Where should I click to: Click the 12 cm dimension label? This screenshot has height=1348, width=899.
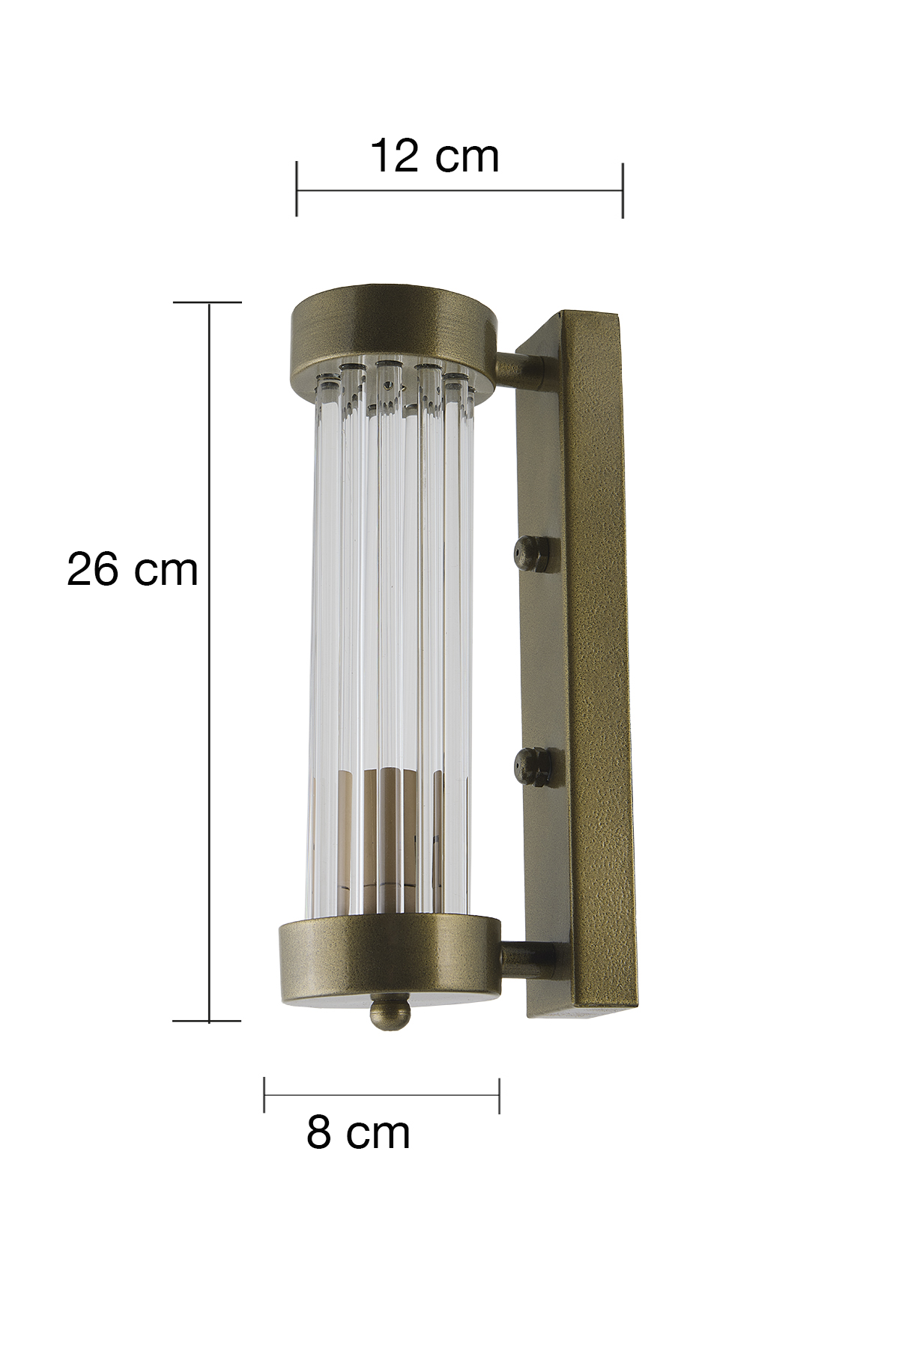pos(435,156)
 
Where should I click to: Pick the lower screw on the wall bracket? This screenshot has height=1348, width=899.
pos(530,766)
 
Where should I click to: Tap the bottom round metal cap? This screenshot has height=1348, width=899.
pos(390,960)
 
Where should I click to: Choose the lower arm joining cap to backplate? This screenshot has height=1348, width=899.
pos(529,959)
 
